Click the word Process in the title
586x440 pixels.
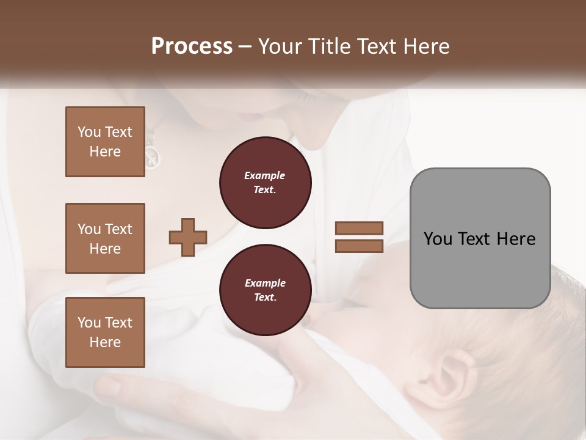[x=192, y=46]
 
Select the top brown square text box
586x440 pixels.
[x=105, y=142]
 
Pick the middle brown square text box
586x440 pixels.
[x=105, y=238]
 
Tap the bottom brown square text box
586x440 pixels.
[x=105, y=332]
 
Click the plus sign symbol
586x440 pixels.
[x=188, y=237]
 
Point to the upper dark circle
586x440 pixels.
[x=265, y=183]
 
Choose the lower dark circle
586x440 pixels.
[x=265, y=290]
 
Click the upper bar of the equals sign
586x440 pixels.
[x=359, y=228]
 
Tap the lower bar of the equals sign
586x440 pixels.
[x=359, y=246]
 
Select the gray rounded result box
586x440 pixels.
[x=480, y=238]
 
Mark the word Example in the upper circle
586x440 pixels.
[x=265, y=175]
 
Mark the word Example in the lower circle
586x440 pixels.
[x=265, y=283]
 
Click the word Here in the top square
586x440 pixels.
[x=105, y=152]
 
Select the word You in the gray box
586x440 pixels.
[x=438, y=238]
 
